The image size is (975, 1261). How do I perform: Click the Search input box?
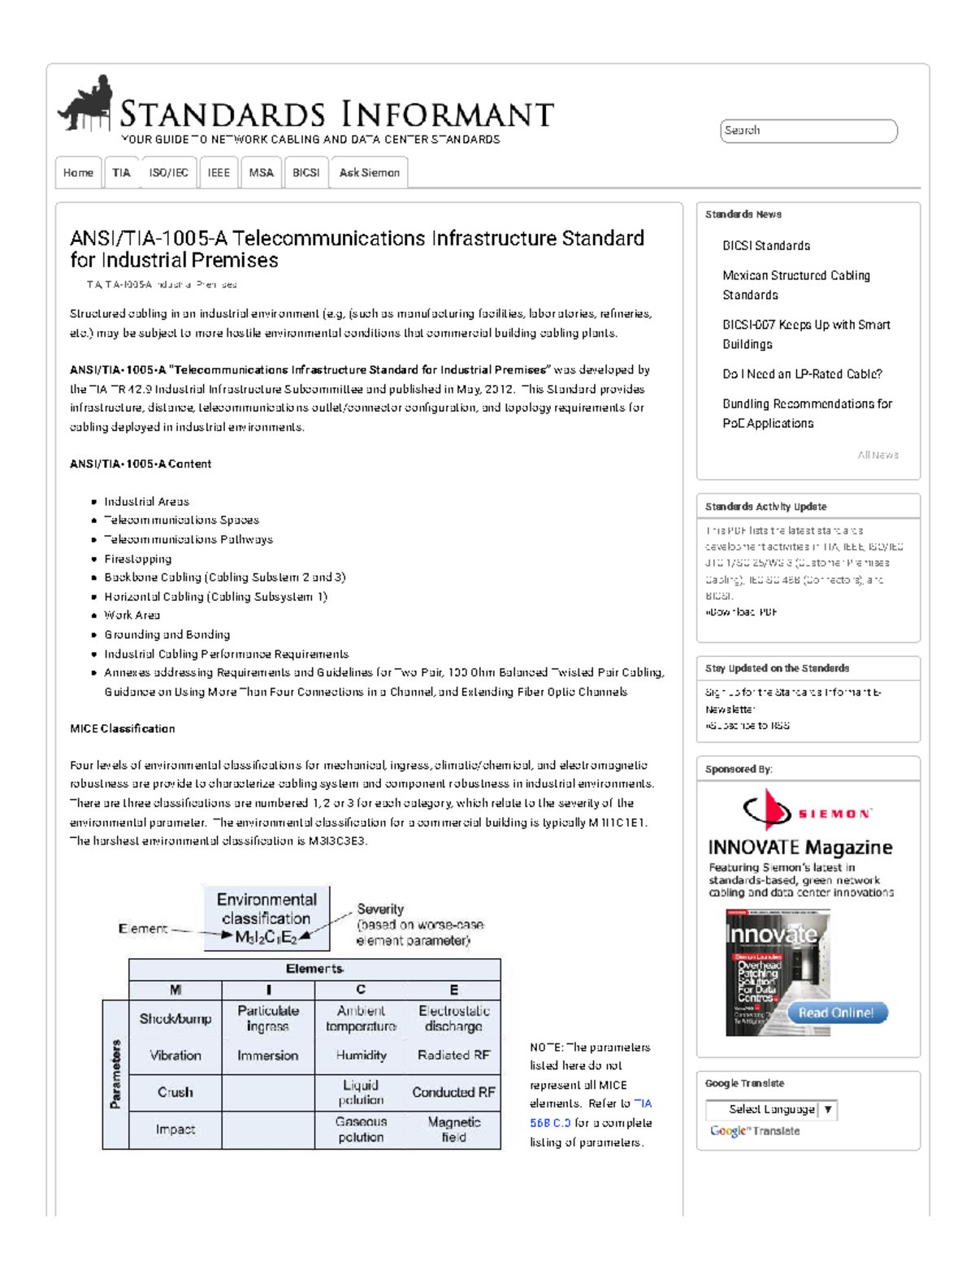click(x=808, y=131)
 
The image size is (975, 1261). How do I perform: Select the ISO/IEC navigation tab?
click(x=168, y=173)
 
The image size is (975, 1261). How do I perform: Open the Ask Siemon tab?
click(x=369, y=173)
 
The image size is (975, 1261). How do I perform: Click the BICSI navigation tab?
click(x=305, y=173)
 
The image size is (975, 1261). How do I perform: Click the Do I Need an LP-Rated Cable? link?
click(x=802, y=374)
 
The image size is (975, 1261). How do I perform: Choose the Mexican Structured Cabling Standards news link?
click(x=795, y=285)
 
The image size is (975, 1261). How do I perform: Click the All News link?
click(x=877, y=456)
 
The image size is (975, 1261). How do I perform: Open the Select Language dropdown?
click(x=770, y=1109)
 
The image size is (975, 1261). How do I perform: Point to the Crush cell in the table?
click(x=175, y=1092)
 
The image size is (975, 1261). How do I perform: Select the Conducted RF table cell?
click(x=453, y=1092)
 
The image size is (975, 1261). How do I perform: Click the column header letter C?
click(x=361, y=990)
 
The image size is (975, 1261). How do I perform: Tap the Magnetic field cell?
click(x=453, y=1129)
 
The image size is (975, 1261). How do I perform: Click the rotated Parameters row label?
click(x=115, y=1074)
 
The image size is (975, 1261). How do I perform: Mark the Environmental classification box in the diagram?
click(x=266, y=918)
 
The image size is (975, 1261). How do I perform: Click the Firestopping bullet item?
click(x=138, y=559)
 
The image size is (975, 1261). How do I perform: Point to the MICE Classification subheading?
click(x=123, y=728)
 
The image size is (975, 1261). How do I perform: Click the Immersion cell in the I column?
click(x=267, y=1056)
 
